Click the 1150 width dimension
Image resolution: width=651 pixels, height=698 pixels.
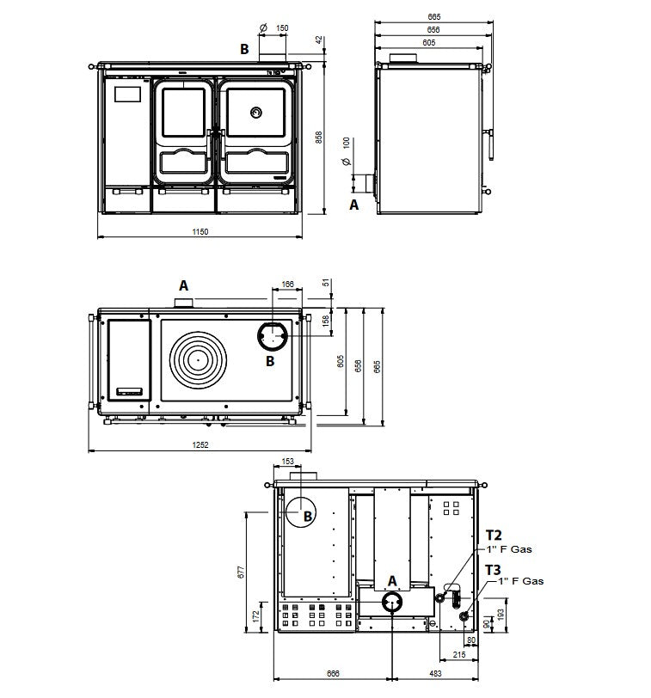pos(200,231)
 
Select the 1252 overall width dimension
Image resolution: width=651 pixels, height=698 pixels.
pos(200,444)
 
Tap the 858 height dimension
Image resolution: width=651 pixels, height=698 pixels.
pos(319,138)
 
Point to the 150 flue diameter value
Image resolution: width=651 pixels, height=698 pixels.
pos(282,28)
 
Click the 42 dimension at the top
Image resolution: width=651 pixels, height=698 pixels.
pos(319,40)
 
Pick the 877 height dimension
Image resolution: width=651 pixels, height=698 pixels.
pos(241,572)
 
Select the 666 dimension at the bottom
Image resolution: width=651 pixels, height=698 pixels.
pos(333,674)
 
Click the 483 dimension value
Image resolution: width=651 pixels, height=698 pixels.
pos(435,674)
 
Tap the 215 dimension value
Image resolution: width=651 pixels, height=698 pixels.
pos(458,655)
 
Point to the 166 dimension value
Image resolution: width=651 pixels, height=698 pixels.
pos(287,284)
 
